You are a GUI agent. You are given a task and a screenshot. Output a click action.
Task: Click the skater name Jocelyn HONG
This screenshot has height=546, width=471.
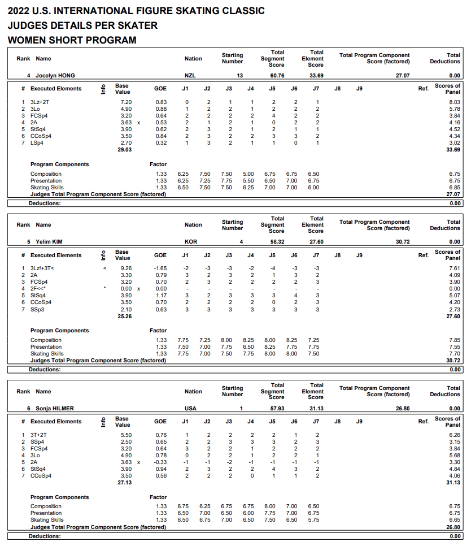click(x=55, y=75)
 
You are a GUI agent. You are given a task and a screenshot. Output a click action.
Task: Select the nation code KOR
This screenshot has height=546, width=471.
click(x=191, y=242)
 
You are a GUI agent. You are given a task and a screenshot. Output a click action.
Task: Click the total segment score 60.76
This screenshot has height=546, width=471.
click(x=277, y=75)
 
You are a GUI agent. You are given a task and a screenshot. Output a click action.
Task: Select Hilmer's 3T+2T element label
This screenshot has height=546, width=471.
click(x=39, y=435)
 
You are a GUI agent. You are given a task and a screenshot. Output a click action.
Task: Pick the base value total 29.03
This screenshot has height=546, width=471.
click(x=124, y=149)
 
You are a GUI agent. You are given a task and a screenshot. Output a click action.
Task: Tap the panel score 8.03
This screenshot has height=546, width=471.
click(x=453, y=102)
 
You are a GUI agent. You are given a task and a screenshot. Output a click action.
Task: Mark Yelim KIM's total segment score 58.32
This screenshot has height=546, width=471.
click(x=277, y=242)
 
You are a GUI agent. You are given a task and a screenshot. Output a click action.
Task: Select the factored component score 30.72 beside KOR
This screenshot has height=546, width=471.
click(x=402, y=242)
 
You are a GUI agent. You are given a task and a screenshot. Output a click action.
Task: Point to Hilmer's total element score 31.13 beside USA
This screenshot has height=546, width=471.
click(x=316, y=408)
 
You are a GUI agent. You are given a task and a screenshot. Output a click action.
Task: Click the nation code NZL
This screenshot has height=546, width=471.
click(x=191, y=75)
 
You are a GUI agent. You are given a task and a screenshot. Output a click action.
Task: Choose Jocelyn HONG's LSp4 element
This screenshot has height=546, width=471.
click(x=38, y=142)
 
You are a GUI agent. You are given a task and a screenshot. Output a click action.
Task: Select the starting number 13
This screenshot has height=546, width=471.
click(x=240, y=75)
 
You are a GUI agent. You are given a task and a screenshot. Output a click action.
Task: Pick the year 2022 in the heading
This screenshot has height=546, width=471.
click(x=20, y=11)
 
